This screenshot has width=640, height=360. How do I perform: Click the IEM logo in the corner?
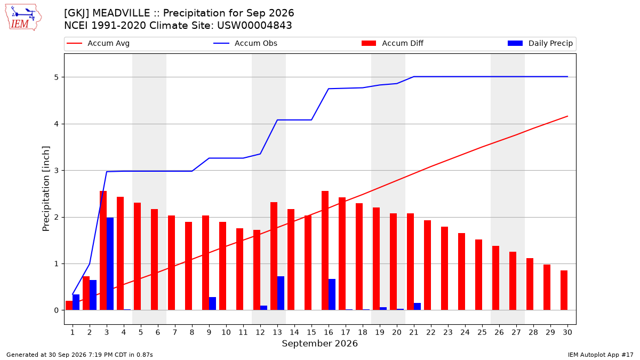click(23, 18)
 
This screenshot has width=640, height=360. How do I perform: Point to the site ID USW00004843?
click(254, 26)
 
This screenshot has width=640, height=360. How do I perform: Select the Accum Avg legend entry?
click(98, 43)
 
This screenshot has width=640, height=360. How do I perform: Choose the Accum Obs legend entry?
click(245, 43)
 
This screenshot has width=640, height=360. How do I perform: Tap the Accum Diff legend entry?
click(393, 43)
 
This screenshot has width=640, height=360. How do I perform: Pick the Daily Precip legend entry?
click(540, 43)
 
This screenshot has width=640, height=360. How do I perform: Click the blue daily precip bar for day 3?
click(110, 263)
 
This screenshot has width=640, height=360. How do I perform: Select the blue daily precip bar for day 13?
click(281, 293)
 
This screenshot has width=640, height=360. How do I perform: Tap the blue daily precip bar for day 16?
click(332, 294)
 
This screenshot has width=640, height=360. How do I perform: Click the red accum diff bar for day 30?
click(564, 290)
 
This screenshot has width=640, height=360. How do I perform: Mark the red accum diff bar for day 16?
click(325, 251)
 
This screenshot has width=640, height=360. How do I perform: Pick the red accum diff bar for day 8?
click(189, 266)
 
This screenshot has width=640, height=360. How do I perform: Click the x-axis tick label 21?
click(414, 332)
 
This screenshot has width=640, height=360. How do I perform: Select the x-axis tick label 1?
click(73, 332)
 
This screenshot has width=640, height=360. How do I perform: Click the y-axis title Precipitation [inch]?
click(46, 189)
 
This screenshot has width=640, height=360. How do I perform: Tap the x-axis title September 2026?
click(319, 343)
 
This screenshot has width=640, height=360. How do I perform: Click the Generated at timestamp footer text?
click(79, 355)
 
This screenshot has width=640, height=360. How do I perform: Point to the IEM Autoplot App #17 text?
click(601, 355)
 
